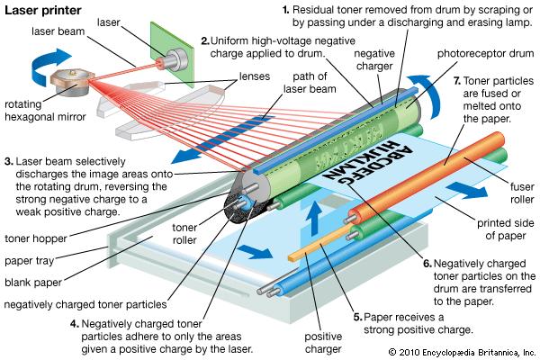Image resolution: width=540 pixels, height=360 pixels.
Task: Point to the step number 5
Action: (357, 317)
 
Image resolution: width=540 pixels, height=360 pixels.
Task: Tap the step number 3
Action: (9, 162)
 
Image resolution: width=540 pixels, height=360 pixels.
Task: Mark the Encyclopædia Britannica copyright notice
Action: (462, 350)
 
